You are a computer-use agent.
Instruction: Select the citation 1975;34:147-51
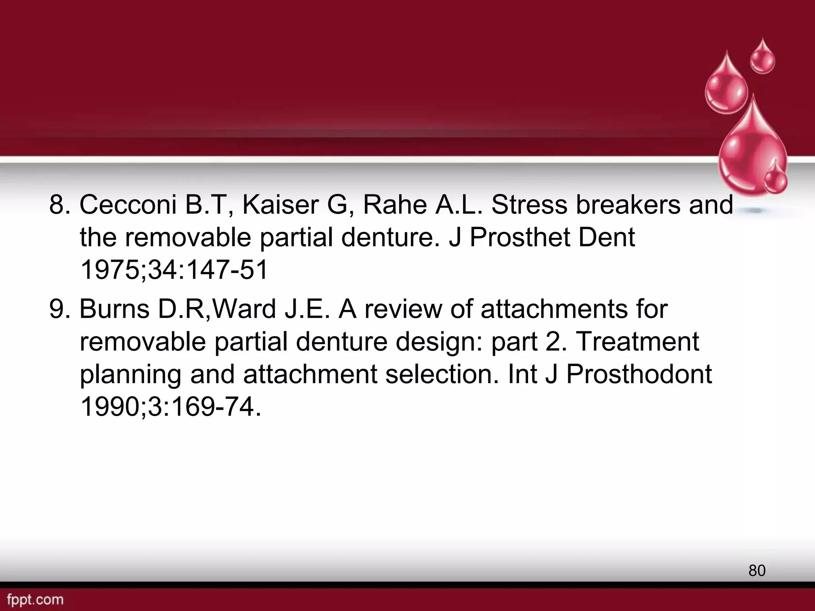click(x=174, y=270)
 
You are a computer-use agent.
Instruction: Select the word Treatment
click(x=637, y=341)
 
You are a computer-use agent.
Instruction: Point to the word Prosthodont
click(x=639, y=375)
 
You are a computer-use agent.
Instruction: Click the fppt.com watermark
click(x=35, y=599)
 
